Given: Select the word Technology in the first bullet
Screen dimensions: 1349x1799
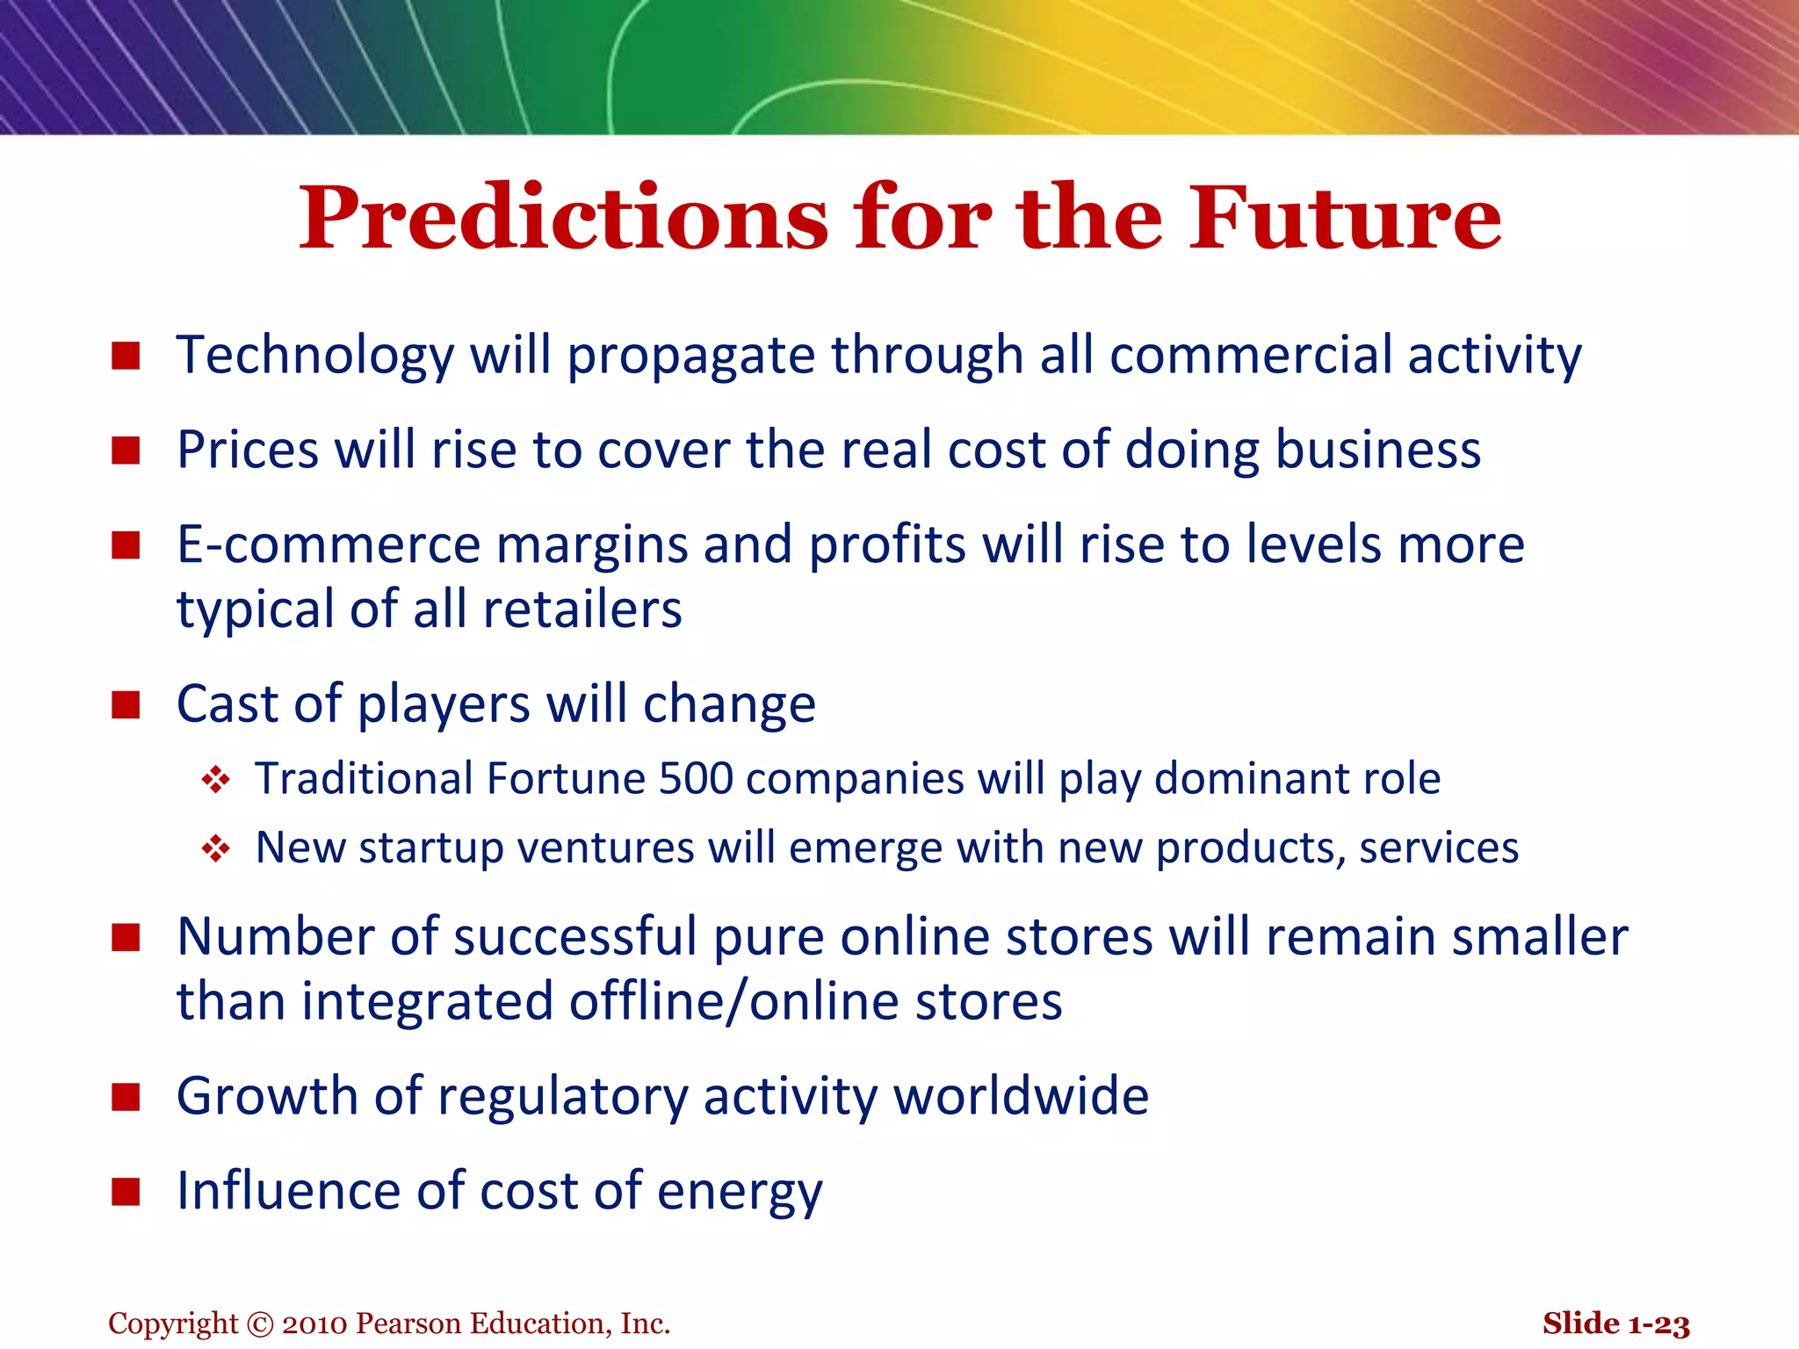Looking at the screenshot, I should pyautogui.click(x=314, y=356).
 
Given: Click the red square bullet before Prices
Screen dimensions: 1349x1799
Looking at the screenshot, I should pyautogui.click(x=126, y=451).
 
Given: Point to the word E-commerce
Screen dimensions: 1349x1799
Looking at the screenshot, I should pyautogui.click(x=329, y=545).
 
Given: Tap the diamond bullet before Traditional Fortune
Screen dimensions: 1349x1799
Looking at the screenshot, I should pyautogui.click(x=215, y=780).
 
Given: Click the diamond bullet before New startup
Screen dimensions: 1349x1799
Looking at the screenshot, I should pyautogui.click(x=215, y=848).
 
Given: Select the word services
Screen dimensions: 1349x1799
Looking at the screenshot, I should pyautogui.click(x=1438, y=848).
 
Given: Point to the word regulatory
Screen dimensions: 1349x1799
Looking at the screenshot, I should pyautogui.click(x=562, y=1097).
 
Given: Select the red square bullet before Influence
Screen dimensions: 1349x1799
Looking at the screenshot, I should pyautogui.click(x=126, y=1192).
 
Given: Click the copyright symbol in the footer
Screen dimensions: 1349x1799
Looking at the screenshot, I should pyautogui.click(x=261, y=1324).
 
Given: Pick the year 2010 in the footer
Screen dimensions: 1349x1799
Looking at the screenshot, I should pyautogui.click(x=315, y=1324).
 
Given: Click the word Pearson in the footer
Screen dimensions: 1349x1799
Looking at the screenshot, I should pyautogui.click(x=408, y=1324).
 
